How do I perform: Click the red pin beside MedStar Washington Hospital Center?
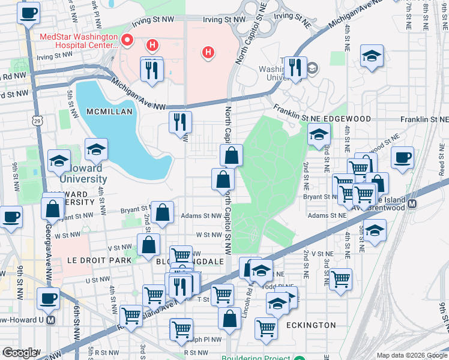(127, 41)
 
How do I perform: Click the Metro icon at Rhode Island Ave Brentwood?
(412, 203)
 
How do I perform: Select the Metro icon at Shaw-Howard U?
(51, 320)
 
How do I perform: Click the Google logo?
(20, 352)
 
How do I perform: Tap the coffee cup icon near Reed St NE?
(402, 157)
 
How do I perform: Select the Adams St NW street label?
(202, 216)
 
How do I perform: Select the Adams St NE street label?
(327, 215)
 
